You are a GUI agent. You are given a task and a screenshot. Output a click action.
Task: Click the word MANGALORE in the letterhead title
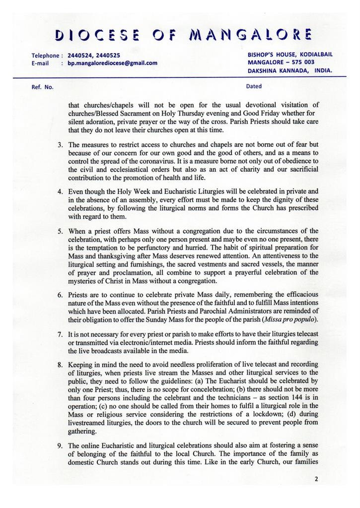click(x=250, y=35)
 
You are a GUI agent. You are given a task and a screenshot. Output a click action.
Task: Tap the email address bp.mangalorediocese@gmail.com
click(x=112, y=63)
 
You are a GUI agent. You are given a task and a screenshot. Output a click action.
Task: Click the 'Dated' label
click(x=254, y=86)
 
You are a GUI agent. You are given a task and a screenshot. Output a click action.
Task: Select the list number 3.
click(x=60, y=145)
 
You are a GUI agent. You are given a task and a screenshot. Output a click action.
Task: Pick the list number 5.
click(x=60, y=231)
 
